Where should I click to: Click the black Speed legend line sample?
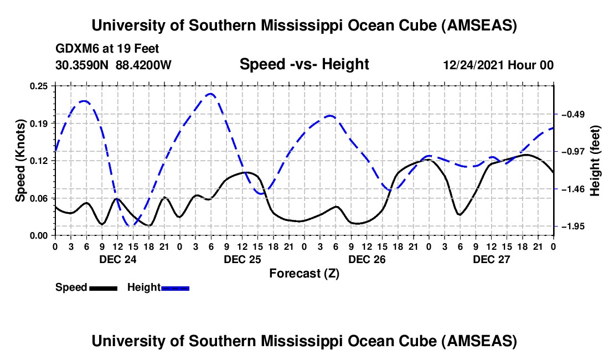tap(103, 288)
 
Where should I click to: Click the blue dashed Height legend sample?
tap(175, 288)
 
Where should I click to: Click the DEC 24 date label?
tap(117, 259)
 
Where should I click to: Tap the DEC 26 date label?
tap(367, 259)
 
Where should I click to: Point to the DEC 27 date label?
tap(491, 259)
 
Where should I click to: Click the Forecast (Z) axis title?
tap(304, 273)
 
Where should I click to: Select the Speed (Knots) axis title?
tap(20, 161)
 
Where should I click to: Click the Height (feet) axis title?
tap(595, 161)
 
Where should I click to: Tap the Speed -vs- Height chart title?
tap(304, 65)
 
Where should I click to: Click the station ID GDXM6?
tap(75, 49)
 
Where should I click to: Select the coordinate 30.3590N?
tap(82, 65)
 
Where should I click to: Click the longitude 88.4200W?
tap(144, 65)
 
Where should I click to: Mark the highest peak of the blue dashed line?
tap(210, 94)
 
